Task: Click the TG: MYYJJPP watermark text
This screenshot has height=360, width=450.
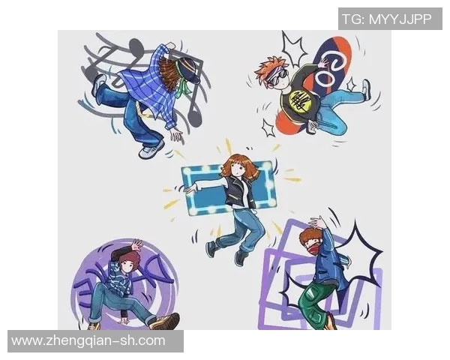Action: (386, 19)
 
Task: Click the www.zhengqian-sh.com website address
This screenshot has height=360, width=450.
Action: (88, 340)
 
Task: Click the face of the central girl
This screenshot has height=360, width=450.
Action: (238, 169)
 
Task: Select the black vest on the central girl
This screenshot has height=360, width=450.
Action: (240, 192)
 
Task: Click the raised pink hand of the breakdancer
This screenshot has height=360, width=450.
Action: (136, 245)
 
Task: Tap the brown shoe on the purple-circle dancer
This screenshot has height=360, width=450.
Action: (166, 321)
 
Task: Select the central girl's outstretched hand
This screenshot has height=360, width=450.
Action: (190, 188)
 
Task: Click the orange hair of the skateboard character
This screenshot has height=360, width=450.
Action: (266, 70)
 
